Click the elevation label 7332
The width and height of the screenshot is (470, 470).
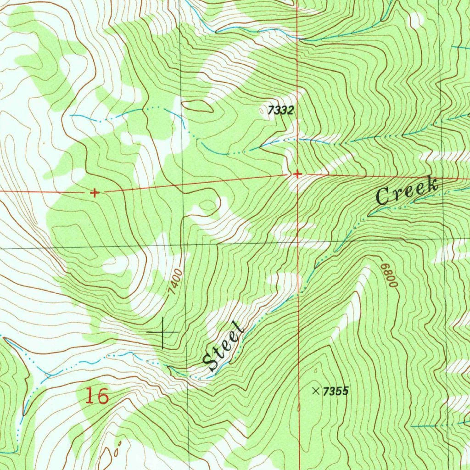[280, 110]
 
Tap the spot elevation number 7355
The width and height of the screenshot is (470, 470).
[336, 392]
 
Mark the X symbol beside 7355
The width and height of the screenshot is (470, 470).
[316, 391]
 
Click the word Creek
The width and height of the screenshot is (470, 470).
[407, 191]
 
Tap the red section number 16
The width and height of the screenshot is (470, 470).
[97, 396]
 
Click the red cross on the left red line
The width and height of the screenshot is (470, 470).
[95, 193]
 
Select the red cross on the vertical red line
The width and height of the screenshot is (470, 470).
[297, 174]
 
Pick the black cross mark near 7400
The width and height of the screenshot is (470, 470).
[163, 331]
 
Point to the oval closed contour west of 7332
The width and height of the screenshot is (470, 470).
[197, 106]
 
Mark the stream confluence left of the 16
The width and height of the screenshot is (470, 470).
[46, 375]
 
